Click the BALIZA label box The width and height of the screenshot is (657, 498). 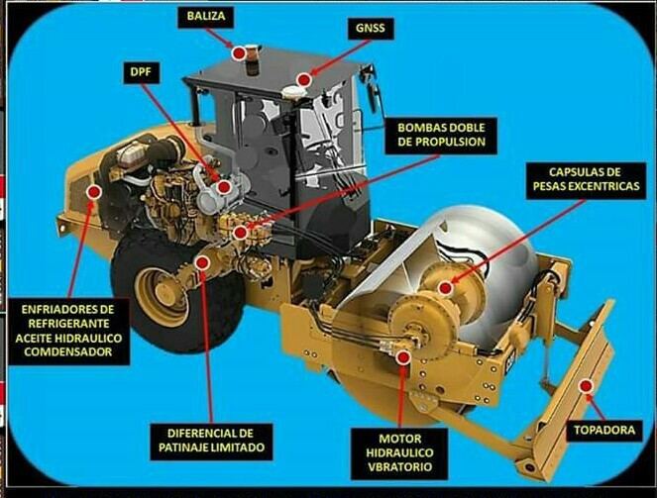205,17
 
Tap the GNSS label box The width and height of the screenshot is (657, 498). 371,29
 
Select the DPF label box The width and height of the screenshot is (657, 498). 141,72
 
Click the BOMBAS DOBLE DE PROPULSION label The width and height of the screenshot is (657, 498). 441,135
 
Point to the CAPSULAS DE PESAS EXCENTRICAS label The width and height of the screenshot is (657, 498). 587,179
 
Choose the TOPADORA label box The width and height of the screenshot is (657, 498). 604,431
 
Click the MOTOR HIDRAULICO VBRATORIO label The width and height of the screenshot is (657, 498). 400,453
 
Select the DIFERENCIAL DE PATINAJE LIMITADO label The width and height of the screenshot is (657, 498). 212,442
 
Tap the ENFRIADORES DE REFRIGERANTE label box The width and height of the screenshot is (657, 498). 68,331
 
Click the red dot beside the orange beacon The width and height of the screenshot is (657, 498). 239,53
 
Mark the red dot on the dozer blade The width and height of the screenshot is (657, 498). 586,385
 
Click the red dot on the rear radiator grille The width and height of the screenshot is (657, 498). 94,192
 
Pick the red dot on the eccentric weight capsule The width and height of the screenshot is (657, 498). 445,288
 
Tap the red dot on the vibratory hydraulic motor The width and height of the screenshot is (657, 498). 403,357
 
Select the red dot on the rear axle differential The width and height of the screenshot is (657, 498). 202,262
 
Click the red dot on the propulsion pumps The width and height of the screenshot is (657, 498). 240,233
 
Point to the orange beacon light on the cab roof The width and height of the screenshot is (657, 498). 253,59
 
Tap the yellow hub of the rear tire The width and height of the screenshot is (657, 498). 161,297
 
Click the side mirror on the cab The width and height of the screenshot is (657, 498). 372,89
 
